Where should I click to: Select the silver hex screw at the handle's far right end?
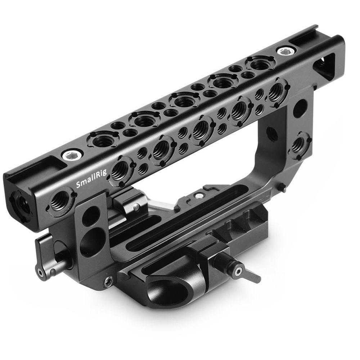point(284,51)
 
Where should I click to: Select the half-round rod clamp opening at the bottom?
point(169,290)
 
